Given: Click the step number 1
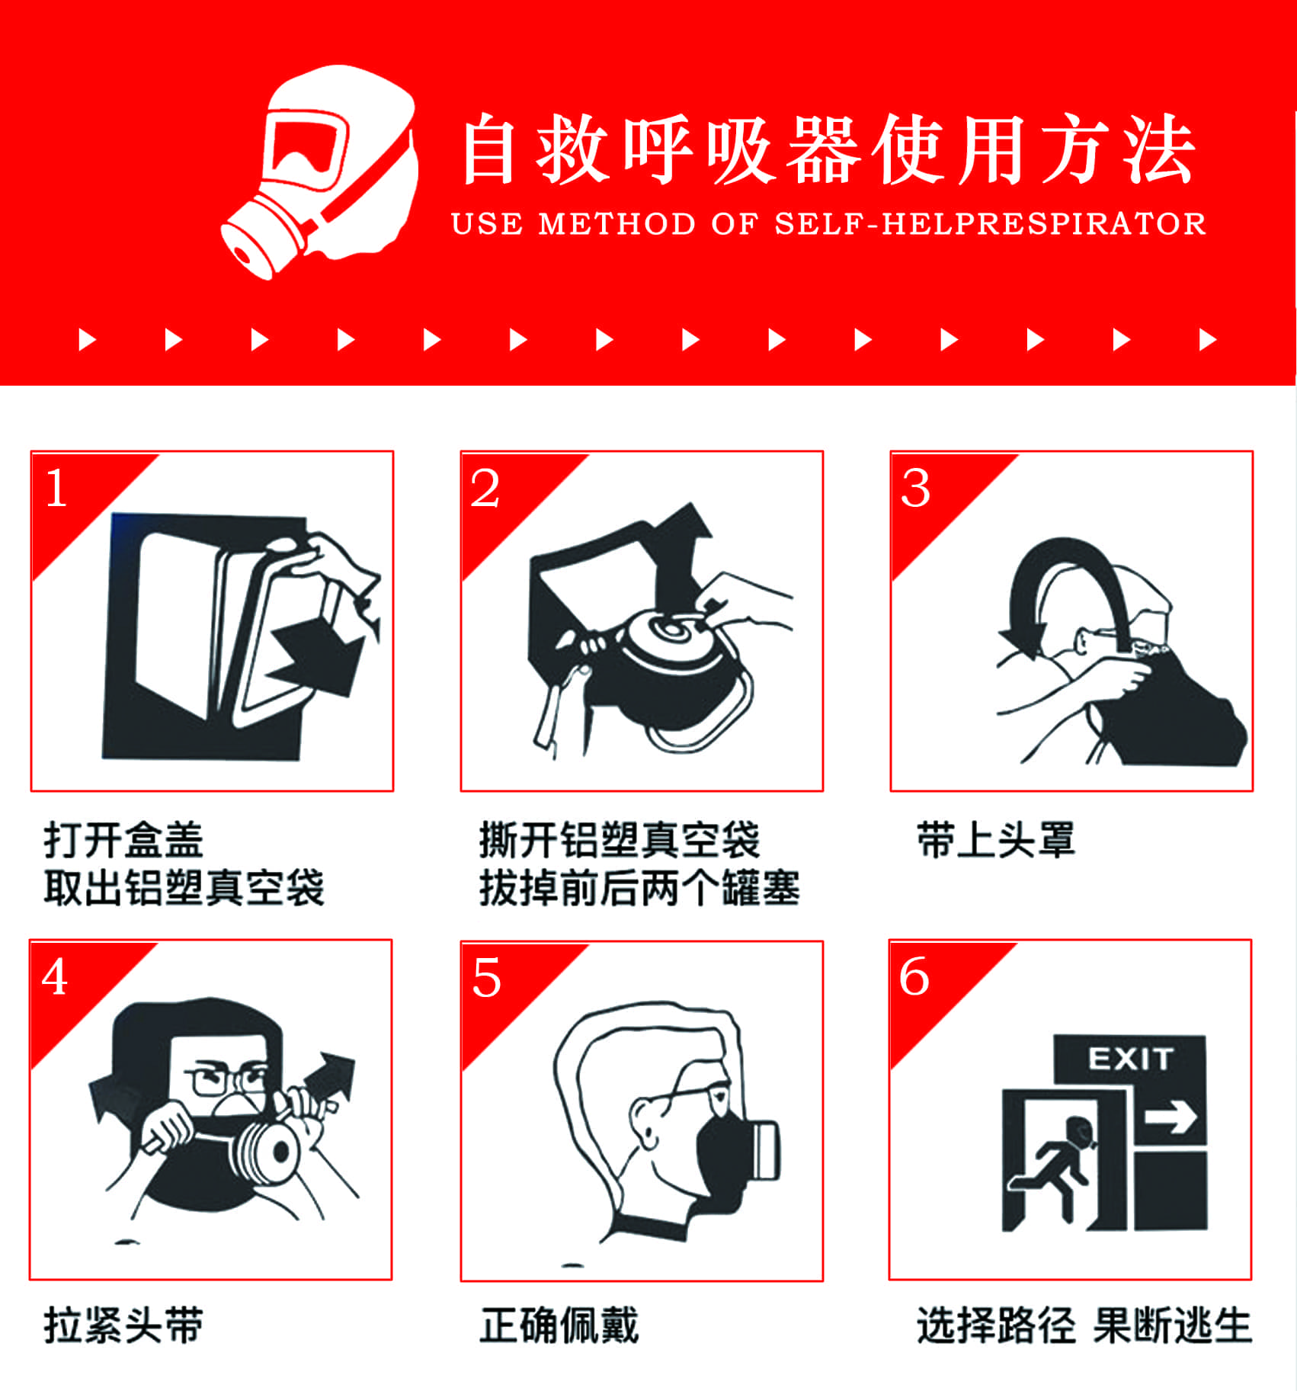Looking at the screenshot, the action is point(56,488).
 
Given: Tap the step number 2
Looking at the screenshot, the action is point(485,488).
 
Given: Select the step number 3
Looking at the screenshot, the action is point(915,488).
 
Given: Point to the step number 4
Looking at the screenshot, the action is point(55,976).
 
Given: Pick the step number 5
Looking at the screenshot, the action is point(487,978).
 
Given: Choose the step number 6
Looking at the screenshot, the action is point(914,976).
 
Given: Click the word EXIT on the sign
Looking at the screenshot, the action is point(1130,1059).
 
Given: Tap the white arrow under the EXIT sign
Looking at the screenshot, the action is point(1171,1119).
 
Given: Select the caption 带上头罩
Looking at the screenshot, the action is point(996,840).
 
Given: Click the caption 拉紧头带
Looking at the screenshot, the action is point(123,1325).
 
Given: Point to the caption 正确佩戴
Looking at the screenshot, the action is point(559,1325).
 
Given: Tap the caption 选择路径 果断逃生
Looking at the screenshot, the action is point(1084,1325).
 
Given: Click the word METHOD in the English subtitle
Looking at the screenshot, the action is point(617,224).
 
